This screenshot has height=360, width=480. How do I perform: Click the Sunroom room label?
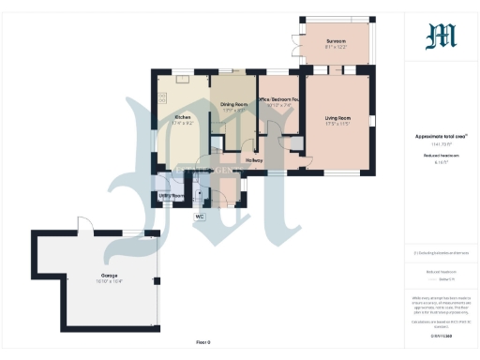pos(336,41)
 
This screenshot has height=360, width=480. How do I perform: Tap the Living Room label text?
pos(337,118)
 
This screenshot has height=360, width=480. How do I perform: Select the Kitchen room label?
pos(183,118)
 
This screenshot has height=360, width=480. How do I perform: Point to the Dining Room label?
pos(232,104)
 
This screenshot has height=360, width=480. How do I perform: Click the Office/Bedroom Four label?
pos(278,99)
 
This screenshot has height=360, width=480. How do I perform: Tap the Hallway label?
pos(254,160)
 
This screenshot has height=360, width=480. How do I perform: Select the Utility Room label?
pos(170,194)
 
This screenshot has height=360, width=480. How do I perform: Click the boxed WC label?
pos(199,217)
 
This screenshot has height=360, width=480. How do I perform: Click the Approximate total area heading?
pos(441,135)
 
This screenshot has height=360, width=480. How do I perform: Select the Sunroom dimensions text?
pos(336,47)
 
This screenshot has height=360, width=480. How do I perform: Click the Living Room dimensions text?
pos(337,124)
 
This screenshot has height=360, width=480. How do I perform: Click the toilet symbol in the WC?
pos(198,196)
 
